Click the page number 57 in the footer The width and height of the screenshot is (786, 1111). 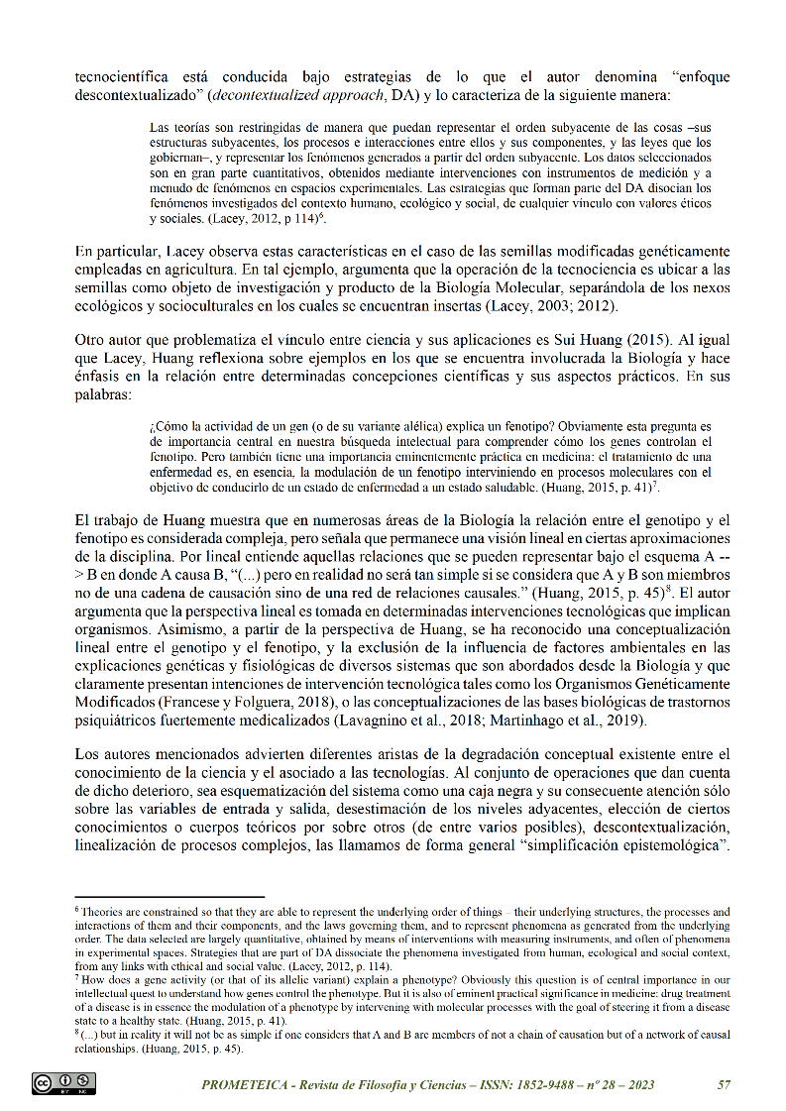pyautogui.click(x=724, y=1084)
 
